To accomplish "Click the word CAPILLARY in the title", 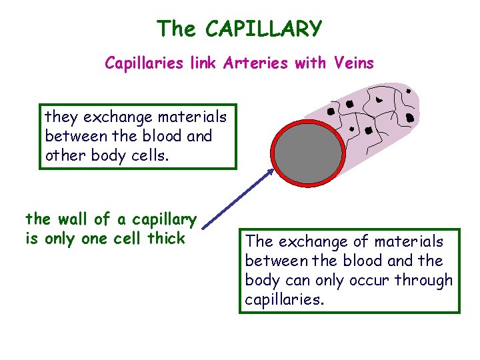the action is tap(263, 29).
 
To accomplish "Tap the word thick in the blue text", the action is tap(167, 238).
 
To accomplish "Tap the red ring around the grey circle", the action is tap(275, 154).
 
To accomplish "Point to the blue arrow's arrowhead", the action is tap(270, 172).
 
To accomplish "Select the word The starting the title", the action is tap(177, 29).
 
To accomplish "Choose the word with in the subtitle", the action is tap(313, 63).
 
